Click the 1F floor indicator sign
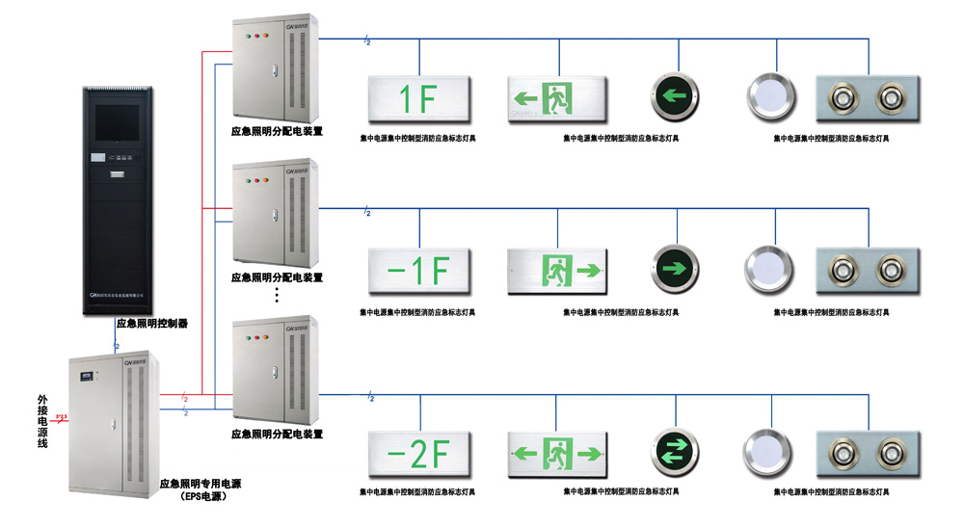[x=418, y=98]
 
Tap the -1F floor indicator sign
[x=418, y=271]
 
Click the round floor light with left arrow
[x=674, y=97]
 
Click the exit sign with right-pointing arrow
[x=558, y=270]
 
